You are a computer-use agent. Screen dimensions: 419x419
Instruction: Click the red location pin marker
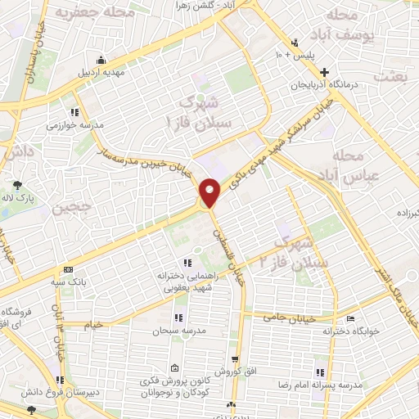click(210, 192)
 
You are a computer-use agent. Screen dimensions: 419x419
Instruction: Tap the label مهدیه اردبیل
click(100, 72)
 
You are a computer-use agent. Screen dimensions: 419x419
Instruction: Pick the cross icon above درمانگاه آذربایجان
click(325, 72)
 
